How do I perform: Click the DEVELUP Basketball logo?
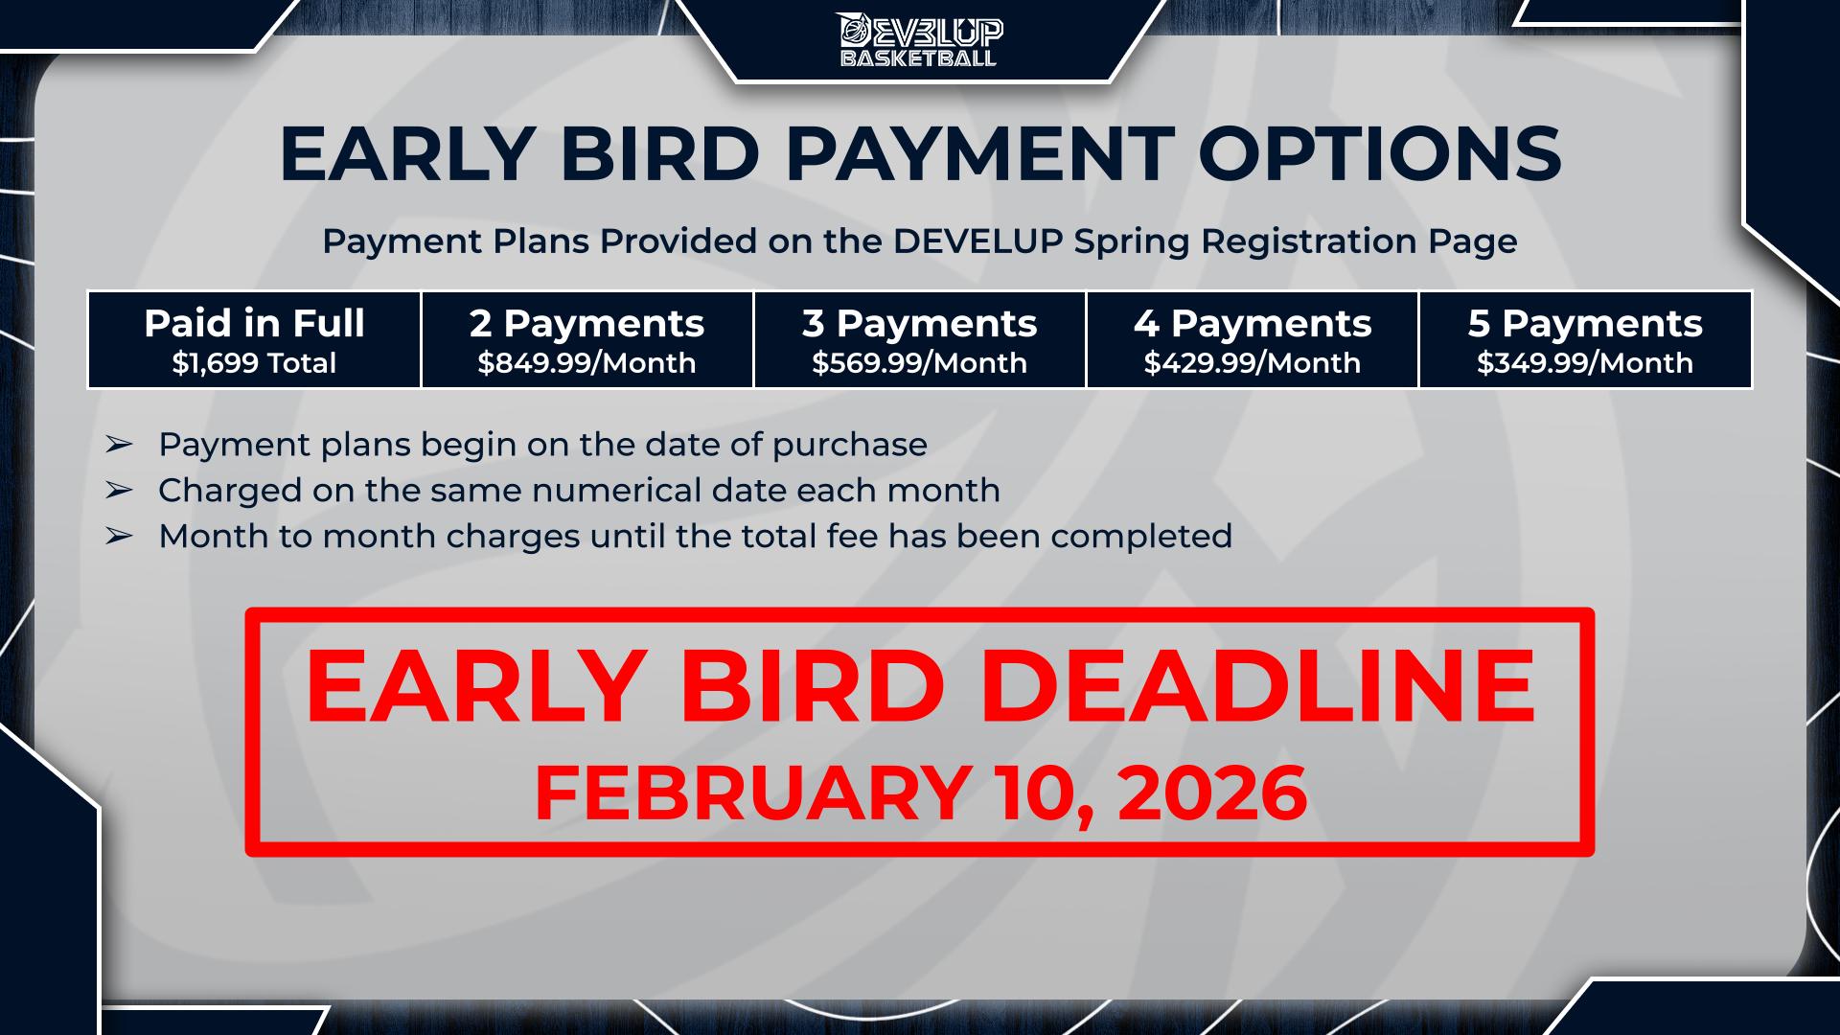920,40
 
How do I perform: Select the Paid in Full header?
254,324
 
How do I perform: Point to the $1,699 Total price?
254,363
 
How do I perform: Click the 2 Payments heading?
586,324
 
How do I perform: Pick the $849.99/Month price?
586,363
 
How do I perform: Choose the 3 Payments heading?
920,324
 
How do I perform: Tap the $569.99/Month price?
920,363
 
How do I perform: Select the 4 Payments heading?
1253,324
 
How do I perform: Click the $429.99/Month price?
1253,363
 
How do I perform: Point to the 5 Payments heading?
1585,324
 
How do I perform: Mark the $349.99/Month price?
1585,363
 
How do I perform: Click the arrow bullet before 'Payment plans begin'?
118,445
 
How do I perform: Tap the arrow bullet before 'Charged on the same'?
118,491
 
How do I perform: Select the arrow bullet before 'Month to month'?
118,537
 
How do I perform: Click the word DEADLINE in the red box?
1258,686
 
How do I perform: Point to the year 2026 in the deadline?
1212,793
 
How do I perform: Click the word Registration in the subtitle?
1310,241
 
